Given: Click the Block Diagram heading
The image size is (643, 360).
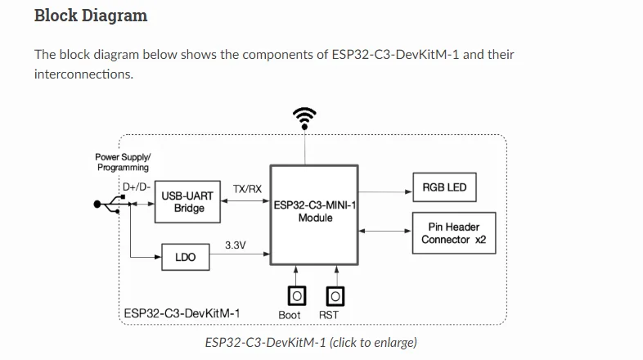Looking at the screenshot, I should tap(91, 15).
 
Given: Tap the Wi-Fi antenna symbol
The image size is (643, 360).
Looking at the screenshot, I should tap(305, 119).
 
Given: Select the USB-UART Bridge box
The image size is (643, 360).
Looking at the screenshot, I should tap(188, 202).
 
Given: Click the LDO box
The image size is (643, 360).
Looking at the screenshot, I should tap(185, 258).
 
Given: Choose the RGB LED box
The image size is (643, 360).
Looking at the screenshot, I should tap(444, 187).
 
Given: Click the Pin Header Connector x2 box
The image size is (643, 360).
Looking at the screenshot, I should tap(452, 233).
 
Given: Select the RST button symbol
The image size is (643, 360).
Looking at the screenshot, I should tap(335, 295).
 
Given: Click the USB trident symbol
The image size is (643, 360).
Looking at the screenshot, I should tap(109, 205).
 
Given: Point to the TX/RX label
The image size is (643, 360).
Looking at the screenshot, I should tap(247, 189).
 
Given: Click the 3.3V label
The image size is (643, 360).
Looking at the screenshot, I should tap(236, 245).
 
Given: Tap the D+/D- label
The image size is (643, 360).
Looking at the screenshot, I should tap(136, 186).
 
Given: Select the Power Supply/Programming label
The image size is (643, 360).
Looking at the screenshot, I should tap(123, 162).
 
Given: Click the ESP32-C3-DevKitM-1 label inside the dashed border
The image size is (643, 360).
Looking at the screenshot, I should tap(182, 313).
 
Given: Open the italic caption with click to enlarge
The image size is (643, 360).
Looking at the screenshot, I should tap(311, 342).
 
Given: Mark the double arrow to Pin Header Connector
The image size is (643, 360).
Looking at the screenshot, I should tap(385, 230).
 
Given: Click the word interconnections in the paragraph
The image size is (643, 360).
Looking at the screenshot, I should tap(83, 74).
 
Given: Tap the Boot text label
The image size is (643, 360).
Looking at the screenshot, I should tap(290, 315).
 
